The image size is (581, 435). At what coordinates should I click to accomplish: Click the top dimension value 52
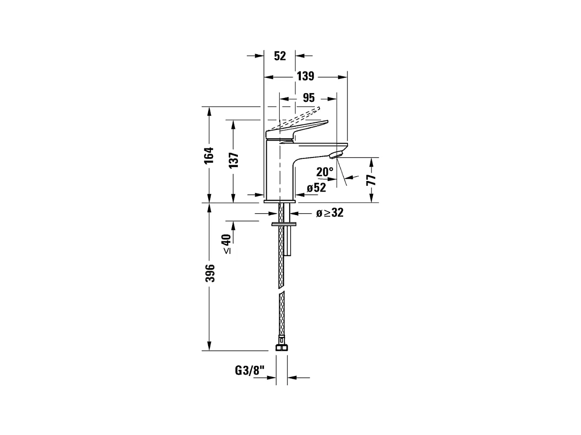[x=280, y=56]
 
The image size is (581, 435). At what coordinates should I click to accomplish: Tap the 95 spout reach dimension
[x=309, y=98]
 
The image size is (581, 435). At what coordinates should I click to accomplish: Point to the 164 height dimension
[x=209, y=155]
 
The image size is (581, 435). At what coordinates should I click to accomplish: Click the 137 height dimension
[x=234, y=160]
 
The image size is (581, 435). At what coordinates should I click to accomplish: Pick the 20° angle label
[x=325, y=172]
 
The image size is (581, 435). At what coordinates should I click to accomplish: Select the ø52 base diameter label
[x=316, y=188]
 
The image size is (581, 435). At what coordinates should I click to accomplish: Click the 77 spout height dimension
[x=371, y=180]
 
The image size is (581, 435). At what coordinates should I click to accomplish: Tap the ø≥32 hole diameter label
[x=330, y=213]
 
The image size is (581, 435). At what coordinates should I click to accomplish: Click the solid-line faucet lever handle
[x=298, y=128]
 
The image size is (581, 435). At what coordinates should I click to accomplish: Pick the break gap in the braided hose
[x=282, y=290]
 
